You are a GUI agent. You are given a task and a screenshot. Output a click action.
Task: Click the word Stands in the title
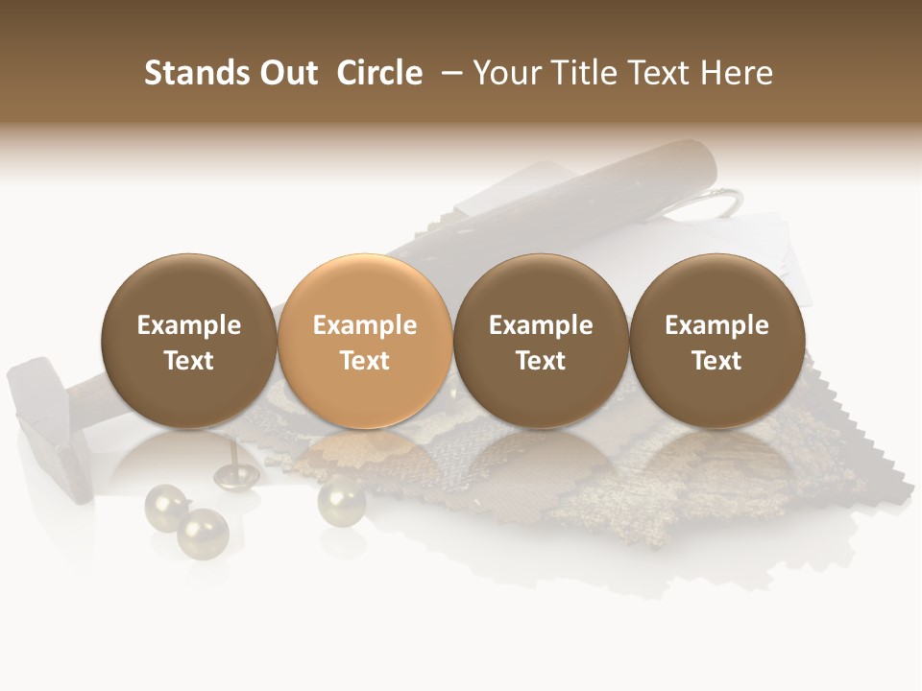[x=193, y=73]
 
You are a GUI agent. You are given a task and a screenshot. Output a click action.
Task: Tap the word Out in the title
[x=285, y=73]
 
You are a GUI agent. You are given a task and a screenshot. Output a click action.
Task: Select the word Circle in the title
[x=379, y=73]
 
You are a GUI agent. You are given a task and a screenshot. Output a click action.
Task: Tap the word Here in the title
[x=735, y=73]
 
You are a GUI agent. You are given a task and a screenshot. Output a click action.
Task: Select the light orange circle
[x=364, y=341]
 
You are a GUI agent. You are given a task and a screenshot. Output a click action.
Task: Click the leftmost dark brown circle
[x=188, y=341]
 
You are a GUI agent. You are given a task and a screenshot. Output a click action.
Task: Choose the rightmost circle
[x=716, y=341]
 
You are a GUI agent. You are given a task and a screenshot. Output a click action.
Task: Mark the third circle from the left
[x=541, y=341]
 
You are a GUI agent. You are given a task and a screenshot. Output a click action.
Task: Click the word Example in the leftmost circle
[x=188, y=325]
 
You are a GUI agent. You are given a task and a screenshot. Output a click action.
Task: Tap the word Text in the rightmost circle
[x=716, y=361]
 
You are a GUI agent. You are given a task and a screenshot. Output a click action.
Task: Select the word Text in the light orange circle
[x=365, y=361]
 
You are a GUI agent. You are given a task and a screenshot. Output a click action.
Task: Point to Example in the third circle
[x=541, y=325]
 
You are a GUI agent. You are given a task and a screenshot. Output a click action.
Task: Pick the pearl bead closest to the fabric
[x=341, y=499]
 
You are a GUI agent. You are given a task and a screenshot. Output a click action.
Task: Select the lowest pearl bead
[x=203, y=533]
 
